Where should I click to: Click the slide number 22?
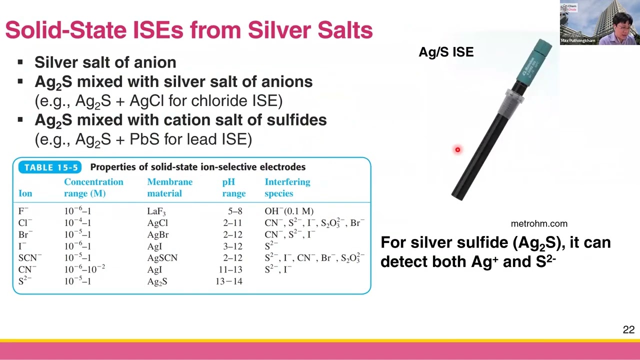[x=628, y=330]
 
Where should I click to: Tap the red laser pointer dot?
[x=457, y=149]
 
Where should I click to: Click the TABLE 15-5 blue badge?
[x=51, y=167]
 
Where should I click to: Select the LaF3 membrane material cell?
[x=156, y=211]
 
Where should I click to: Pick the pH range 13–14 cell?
[x=228, y=281]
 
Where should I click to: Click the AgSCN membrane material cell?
[x=162, y=258]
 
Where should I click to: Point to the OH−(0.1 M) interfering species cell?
[x=289, y=211]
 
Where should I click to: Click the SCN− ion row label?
[x=29, y=258]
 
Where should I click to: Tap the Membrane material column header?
[x=169, y=187]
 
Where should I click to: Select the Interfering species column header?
[x=287, y=187]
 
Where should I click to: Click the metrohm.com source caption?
[x=539, y=224]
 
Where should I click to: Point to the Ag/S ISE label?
[x=446, y=52]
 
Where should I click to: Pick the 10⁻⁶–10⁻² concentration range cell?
[x=84, y=269]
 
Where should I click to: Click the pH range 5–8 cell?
[x=234, y=211]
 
